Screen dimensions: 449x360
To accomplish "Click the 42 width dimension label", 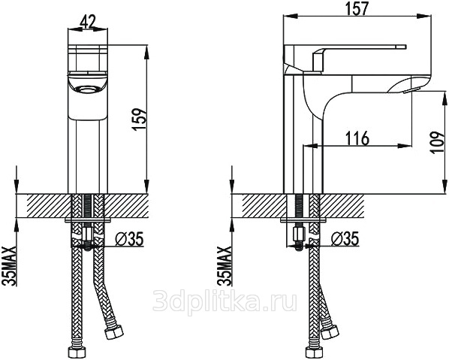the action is tap(88, 22).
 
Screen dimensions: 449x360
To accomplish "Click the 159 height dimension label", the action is tap(140, 119).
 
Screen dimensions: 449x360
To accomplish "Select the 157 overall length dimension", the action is tap(357, 8).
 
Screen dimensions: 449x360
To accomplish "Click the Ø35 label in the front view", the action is tap(129, 238).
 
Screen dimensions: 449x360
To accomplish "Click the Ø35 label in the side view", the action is tap(345, 238).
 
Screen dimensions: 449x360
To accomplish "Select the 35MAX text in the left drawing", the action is tap(9, 265).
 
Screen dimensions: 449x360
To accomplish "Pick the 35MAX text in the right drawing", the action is tap(224, 265).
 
